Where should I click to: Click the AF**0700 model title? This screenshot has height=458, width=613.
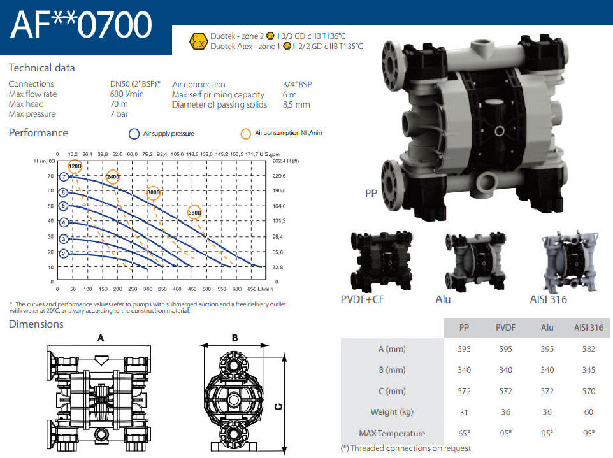81,25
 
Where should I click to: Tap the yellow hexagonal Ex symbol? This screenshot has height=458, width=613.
198,41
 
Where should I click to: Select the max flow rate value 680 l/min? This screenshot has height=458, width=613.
127,94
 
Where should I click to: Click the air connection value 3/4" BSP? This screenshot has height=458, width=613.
297,84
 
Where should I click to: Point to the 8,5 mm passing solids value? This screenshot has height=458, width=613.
296,104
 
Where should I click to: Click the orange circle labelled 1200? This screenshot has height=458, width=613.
75,166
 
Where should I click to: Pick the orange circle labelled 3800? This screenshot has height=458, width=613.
194,213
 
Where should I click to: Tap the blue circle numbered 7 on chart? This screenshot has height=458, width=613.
64,176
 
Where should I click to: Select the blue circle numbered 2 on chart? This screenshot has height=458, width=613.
64,254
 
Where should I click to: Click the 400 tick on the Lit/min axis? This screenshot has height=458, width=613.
177,289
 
